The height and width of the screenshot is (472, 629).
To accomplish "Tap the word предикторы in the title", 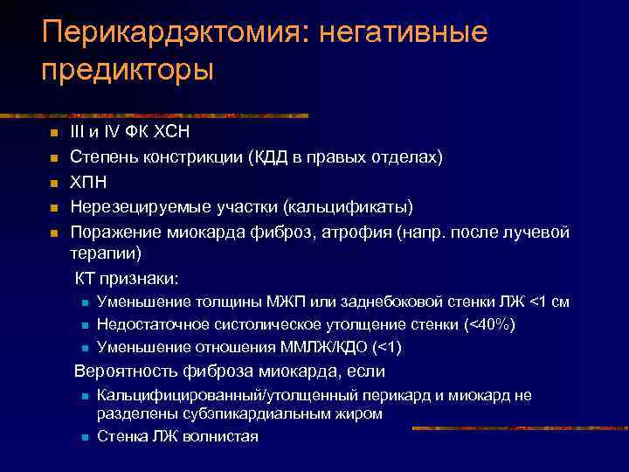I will (x=127, y=69).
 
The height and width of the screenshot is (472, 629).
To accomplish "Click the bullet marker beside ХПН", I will (x=52, y=183).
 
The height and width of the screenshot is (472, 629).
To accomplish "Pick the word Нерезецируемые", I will (x=133, y=207).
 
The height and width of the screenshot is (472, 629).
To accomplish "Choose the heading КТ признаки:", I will (x=127, y=278).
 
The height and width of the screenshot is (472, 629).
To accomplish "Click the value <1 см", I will (x=550, y=302).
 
